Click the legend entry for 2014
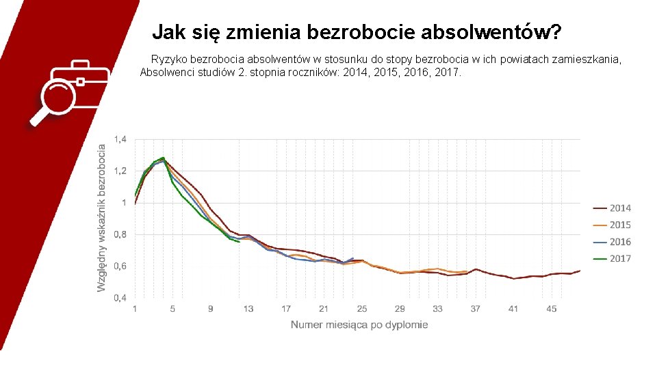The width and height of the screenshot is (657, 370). pyautogui.click(x=612, y=208)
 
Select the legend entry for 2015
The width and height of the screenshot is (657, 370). pyautogui.click(x=612, y=225)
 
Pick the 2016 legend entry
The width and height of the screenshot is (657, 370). pyautogui.click(x=612, y=242)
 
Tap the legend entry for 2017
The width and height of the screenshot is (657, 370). pyautogui.click(x=612, y=258)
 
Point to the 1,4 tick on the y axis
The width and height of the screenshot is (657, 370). pyautogui.click(x=120, y=139)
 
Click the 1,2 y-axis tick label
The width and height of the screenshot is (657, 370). pyautogui.click(x=120, y=171)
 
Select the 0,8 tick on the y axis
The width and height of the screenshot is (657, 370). pyautogui.click(x=120, y=234)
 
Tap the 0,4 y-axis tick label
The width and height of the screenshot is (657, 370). pyautogui.click(x=120, y=298)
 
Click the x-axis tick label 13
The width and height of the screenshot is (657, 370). pyautogui.click(x=248, y=309)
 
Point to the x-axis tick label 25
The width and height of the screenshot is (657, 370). pyautogui.click(x=361, y=309)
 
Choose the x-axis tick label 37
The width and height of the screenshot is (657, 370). pyautogui.click(x=475, y=309)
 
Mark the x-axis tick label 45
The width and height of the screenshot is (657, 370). pyautogui.click(x=551, y=309)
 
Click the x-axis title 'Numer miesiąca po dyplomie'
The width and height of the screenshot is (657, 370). pyautogui.click(x=359, y=325)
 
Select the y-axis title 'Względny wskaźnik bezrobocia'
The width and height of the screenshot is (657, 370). pyautogui.click(x=101, y=218)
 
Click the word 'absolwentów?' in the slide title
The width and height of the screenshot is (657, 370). pyautogui.click(x=491, y=32)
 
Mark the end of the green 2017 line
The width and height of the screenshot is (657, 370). pyautogui.click(x=239, y=242)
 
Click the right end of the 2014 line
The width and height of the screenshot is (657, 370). pyautogui.click(x=580, y=271)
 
